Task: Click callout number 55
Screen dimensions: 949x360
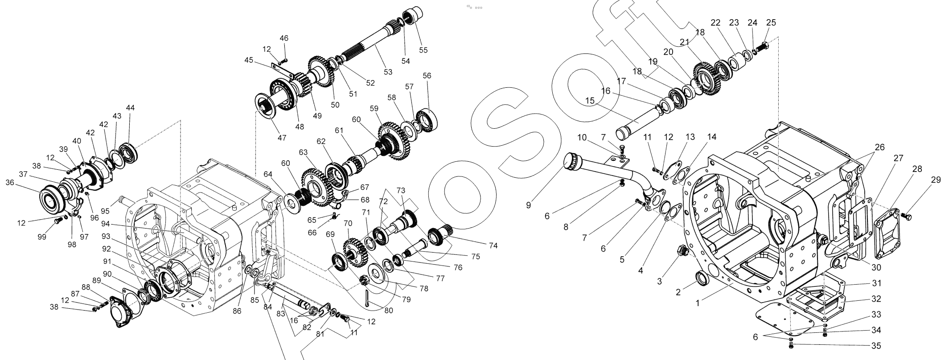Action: (x=423, y=50)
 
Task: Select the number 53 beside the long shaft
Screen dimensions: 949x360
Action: (x=388, y=72)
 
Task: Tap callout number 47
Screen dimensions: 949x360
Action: (x=282, y=138)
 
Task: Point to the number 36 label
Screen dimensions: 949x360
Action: (x=10, y=182)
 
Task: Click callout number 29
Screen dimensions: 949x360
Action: (x=936, y=180)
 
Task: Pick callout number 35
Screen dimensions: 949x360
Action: (x=876, y=346)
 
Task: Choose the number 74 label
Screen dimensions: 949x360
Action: (x=493, y=245)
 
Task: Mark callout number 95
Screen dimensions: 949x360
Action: (x=105, y=211)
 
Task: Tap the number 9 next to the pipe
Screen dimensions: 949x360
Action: (x=528, y=205)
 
